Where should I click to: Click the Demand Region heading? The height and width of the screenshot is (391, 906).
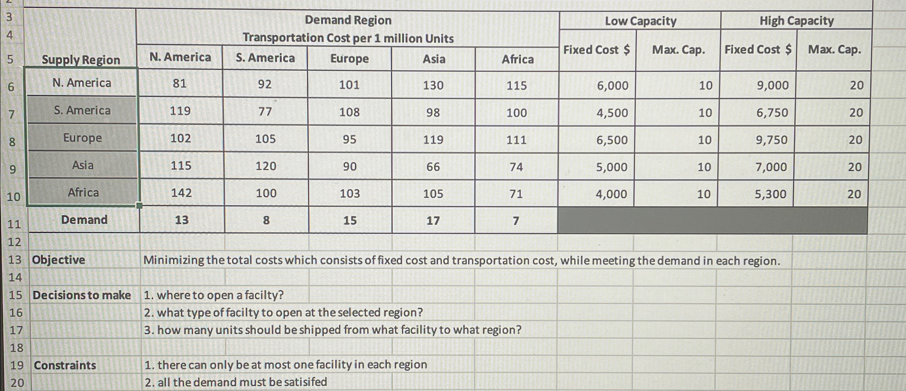coord(348,20)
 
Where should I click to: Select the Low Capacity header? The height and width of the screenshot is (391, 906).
coord(640,21)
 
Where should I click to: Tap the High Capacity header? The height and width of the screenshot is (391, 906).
coord(796,21)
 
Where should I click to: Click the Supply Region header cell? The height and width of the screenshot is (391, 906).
coord(81,60)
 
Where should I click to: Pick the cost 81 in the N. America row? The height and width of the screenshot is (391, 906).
coord(180,83)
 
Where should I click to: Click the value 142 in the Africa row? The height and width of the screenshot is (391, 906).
coord(181,193)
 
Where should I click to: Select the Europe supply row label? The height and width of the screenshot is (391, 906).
coord(83,138)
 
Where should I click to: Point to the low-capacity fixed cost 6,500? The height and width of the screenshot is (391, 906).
coord(612,140)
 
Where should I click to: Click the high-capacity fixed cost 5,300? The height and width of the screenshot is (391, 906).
coord(770,194)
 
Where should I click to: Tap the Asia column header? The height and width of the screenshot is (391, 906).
coord(434,59)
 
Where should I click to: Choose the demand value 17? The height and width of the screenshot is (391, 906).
coord(433,221)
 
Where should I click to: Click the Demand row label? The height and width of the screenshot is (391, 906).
coord(84,220)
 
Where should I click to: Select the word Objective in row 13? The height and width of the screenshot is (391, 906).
coord(58,260)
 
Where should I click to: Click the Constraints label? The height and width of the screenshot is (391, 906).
coord(65,365)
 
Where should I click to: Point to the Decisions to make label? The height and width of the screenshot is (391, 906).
coord(82,295)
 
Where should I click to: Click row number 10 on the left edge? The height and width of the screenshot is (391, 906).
coord(13,197)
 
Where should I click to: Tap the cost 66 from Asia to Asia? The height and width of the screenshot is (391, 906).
coord(433,167)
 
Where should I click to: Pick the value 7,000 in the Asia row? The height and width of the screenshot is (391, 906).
coord(771,167)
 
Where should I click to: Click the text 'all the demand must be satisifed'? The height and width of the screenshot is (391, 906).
coord(242,382)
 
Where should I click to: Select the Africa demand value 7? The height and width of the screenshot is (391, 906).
coord(516,221)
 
